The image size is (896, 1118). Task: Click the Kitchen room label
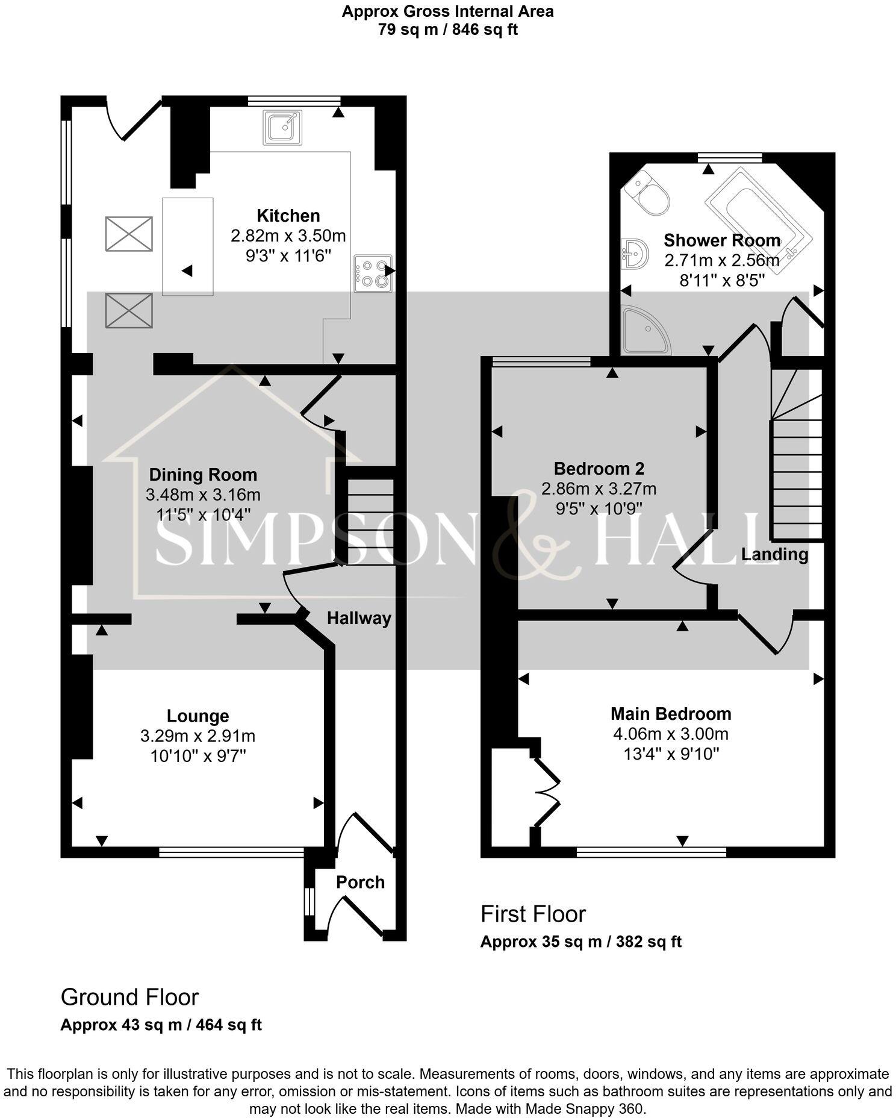click(x=288, y=216)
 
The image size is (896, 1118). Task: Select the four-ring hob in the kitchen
click(x=373, y=274)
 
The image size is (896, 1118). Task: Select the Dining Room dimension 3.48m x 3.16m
click(x=203, y=495)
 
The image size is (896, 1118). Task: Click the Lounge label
click(x=198, y=716)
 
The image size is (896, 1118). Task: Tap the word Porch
click(x=360, y=882)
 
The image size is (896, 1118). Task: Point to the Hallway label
click(x=359, y=619)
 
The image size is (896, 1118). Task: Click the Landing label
click(x=774, y=554)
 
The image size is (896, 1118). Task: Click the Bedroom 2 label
click(x=599, y=469)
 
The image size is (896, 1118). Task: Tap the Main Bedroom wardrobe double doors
click(x=547, y=791)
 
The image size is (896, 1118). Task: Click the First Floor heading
click(x=533, y=914)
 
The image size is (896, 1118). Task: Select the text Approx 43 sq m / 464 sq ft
click(x=161, y=1025)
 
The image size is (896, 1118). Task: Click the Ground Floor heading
click(x=129, y=997)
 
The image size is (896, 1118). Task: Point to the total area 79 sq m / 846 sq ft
click(x=447, y=30)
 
